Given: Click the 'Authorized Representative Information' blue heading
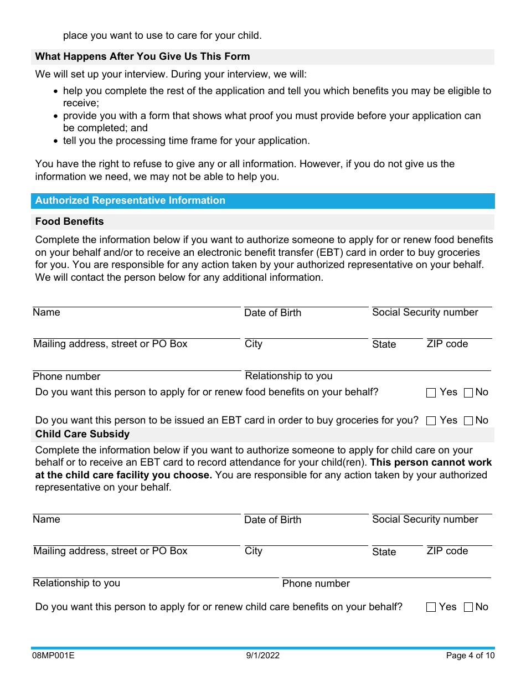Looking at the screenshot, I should (130, 200).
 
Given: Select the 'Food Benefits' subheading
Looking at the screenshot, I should (69, 221).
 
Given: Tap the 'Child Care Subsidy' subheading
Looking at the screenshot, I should (82, 434).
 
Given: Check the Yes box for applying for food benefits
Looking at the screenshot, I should (431, 393).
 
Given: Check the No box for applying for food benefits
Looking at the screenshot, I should (468, 393).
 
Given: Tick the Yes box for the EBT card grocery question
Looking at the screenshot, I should (431, 421).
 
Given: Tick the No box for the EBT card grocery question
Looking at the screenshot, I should (468, 421).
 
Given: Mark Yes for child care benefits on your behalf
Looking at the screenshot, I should (431, 607).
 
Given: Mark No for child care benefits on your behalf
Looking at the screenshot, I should (468, 607).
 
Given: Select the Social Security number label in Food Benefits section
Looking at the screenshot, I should (425, 312).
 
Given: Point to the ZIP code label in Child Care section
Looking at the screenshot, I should (447, 551).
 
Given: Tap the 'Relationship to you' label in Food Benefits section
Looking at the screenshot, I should (288, 376).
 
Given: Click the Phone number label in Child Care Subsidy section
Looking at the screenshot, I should (316, 584).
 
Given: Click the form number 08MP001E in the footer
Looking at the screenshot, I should (53, 656).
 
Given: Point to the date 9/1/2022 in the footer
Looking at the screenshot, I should (263, 656).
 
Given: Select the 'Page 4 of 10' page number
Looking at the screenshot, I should (470, 656).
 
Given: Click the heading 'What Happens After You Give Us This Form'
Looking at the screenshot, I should (142, 56).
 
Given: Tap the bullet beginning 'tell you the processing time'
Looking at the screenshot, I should (186, 141).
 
